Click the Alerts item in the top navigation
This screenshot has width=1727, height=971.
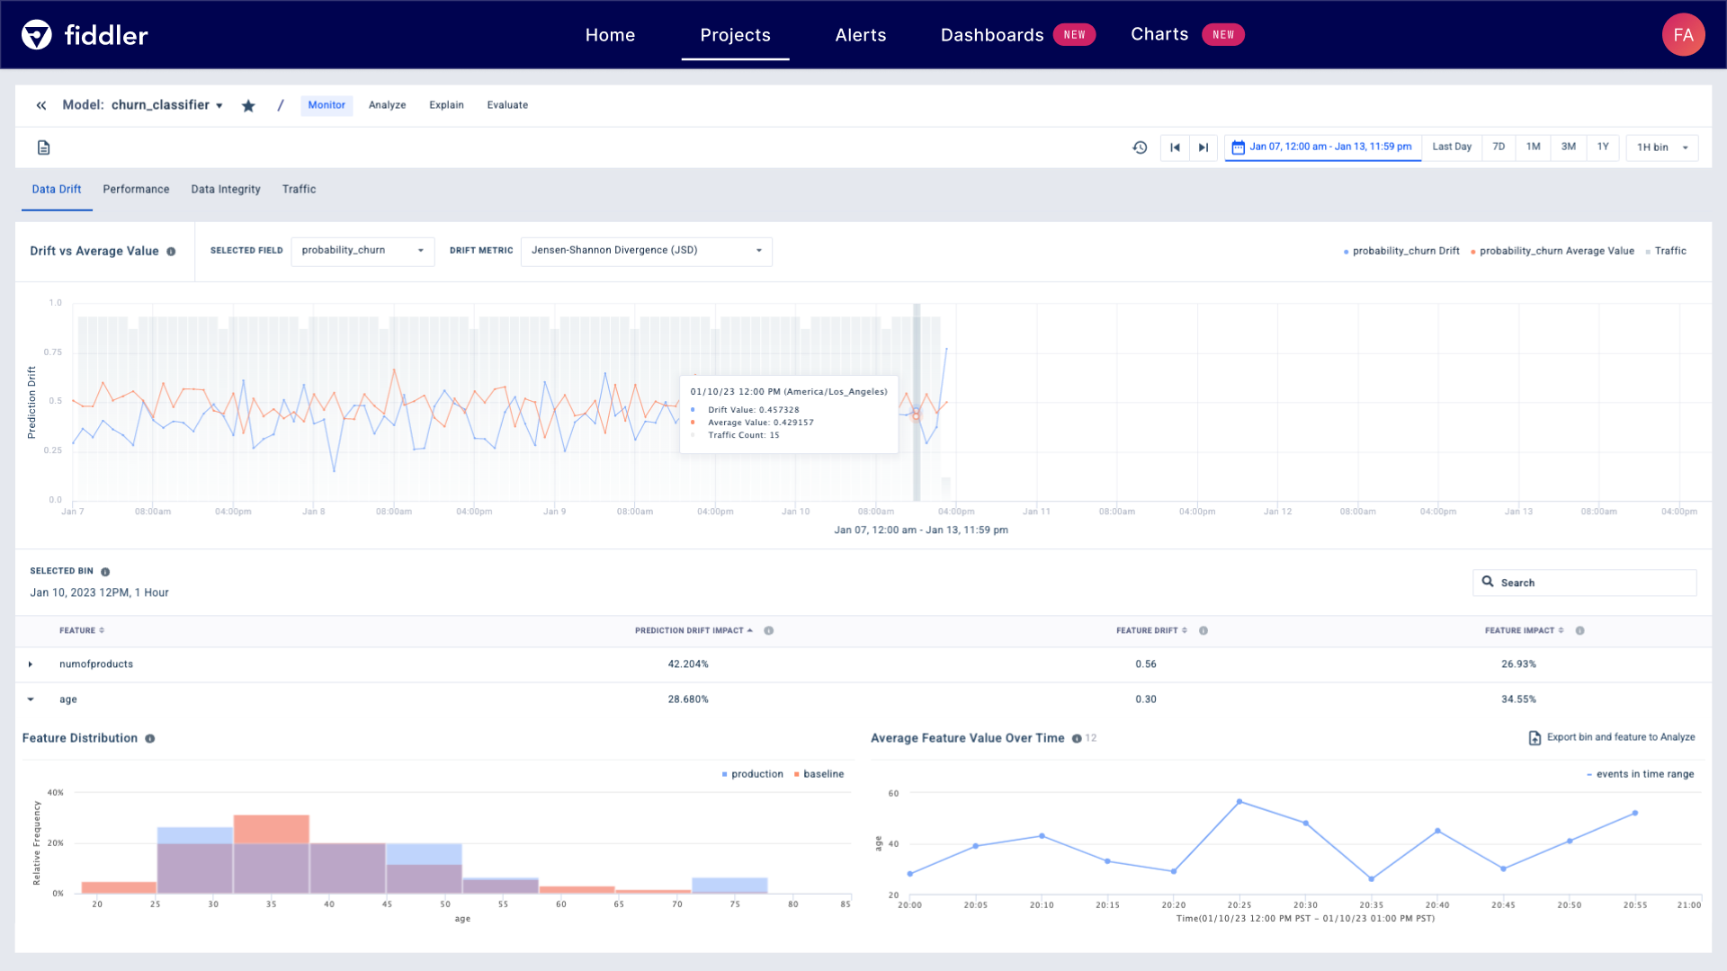(x=860, y=35)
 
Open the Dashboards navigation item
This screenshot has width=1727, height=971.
(x=991, y=35)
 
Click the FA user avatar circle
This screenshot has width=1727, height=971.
(x=1683, y=35)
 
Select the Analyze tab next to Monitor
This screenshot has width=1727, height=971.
(x=387, y=105)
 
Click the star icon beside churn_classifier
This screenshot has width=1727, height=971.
(x=248, y=106)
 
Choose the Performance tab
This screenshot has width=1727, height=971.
(x=136, y=190)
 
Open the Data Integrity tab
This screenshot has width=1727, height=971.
(x=226, y=190)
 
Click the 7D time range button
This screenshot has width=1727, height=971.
(x=1499, y=147)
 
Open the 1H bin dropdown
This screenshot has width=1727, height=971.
(x=1661, y=147)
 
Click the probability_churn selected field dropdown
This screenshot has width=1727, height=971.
(x=362, y=251)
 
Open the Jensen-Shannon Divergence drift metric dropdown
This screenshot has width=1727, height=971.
(x=646, y=251)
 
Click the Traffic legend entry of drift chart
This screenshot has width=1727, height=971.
(x=1669, y=252)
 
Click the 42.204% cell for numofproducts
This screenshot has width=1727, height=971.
(x=688, y=664)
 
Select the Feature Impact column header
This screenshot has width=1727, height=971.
(x=1519, y=631)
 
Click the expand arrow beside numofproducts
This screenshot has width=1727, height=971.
(x=31, y=664)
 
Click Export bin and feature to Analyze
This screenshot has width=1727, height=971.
(x=1612, y=738)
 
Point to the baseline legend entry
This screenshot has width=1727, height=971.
(x=822, y=774)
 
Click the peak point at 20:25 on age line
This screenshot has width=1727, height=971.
(x=1239, y=801)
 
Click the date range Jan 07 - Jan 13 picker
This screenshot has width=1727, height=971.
(x=1322, y=147)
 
